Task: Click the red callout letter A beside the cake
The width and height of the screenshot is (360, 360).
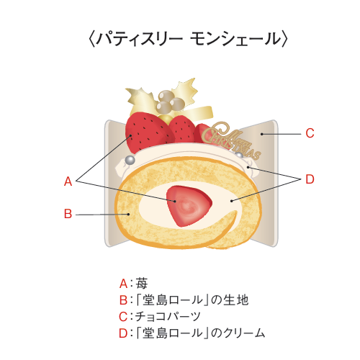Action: pos(68,181)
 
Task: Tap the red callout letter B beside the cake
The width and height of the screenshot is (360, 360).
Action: pos(68,214)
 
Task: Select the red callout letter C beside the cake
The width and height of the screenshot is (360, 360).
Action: pos(310,133)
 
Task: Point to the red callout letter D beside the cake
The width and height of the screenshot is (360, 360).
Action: pos(310,179)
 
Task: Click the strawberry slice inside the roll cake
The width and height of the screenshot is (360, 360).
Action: pos(189,206)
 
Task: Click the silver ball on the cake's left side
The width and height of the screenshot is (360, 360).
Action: pos(130,160)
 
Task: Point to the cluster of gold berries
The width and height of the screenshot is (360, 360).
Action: pos(170,101)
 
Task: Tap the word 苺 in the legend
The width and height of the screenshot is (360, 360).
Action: pos(141,284)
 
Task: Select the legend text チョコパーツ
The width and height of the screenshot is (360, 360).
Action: pos(168,317)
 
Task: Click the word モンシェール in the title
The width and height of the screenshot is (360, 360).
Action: pos(235,39)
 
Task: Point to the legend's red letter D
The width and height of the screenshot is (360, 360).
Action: pos(123,333)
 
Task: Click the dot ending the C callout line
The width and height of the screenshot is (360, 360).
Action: pos(262,134)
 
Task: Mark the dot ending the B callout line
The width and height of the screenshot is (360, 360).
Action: pos(129,214)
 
